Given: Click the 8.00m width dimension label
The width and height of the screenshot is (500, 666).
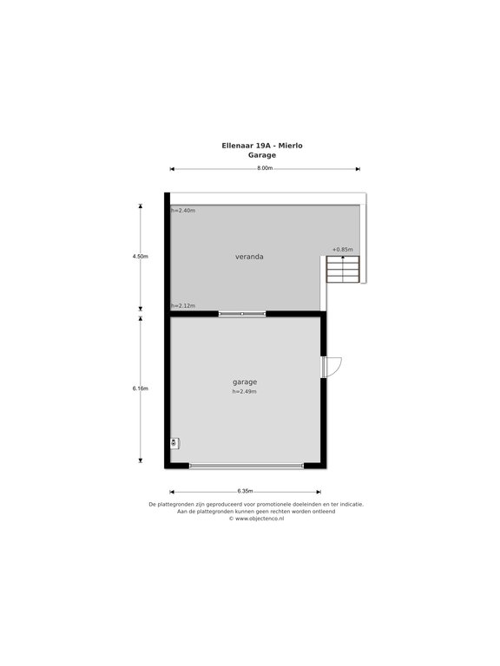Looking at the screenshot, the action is tap(265, 167).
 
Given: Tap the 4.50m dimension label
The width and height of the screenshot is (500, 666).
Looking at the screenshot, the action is tap(141, 257).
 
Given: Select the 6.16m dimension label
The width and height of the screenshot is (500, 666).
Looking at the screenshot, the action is tap(141, 388).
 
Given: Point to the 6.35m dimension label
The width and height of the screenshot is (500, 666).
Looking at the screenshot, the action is tap(245, 491).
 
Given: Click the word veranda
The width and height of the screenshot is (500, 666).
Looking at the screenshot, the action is tap(249, 257).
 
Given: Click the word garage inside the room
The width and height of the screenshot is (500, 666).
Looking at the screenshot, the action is tap(245, 382).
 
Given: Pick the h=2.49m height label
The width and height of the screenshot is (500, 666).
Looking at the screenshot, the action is tap(245, 392).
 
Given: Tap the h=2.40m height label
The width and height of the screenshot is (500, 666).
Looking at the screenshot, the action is tap(183, 210).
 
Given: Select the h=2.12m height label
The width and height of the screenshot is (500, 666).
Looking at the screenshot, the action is tap(183, 306).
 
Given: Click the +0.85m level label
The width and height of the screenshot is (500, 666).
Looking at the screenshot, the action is tap(343, 250).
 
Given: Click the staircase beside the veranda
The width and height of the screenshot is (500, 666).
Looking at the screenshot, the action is tap(343, 270).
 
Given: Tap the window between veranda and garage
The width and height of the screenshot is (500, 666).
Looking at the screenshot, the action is tap(242, 314).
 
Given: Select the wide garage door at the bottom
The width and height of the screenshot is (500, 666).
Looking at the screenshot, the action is tap(247, 466).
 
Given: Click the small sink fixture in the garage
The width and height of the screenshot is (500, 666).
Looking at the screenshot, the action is tap(174, 443).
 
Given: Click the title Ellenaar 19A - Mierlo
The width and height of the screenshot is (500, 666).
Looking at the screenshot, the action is tap(262, 146).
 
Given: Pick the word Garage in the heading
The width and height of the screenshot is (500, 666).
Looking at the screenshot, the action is tap(262, 155).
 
